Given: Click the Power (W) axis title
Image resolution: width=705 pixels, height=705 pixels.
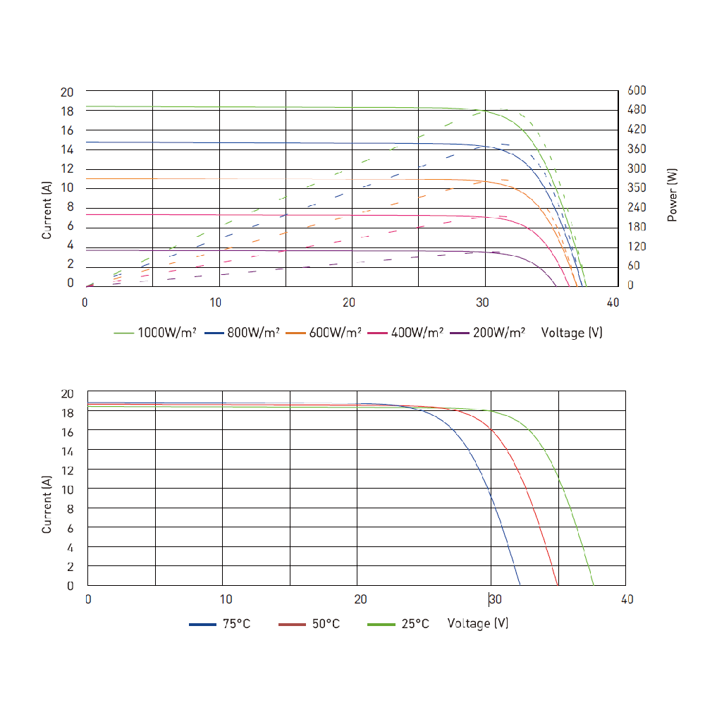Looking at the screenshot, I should (673, 195).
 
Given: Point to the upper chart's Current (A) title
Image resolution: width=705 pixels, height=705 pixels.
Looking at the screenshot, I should (47, 209).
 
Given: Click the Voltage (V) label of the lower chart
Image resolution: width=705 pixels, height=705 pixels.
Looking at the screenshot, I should (478, 624).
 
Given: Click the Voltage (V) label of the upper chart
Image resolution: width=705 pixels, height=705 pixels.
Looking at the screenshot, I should (572, 333).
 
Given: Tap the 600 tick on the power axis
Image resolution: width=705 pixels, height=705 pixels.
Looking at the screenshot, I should (637, 91).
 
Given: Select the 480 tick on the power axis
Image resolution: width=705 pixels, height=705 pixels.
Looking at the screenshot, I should (637, 110).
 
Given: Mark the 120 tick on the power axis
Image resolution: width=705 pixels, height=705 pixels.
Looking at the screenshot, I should (637, 247).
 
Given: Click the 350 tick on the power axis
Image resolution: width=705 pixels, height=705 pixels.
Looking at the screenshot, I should (637, 188).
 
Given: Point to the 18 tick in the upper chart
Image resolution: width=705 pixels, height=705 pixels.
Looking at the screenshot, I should (67, 111).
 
